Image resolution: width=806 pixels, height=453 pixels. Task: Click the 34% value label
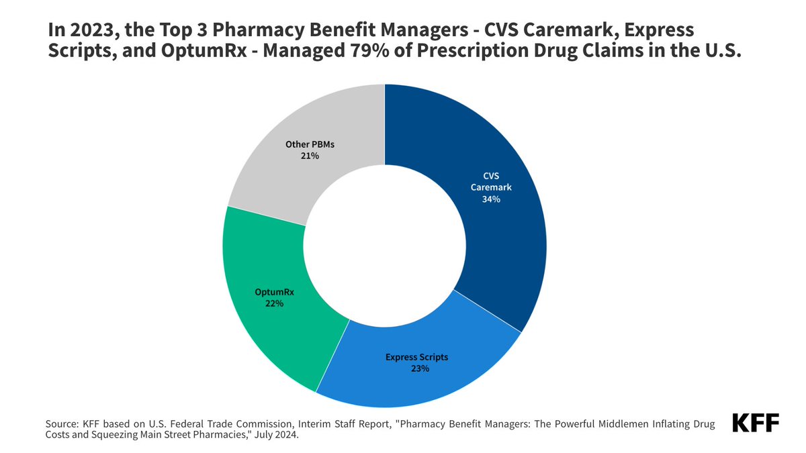coord(491,199)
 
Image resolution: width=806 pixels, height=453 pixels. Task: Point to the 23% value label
coord(416,368)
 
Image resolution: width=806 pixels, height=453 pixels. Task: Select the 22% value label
coord(274,303)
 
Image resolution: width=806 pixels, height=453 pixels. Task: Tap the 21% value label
coord(310,156)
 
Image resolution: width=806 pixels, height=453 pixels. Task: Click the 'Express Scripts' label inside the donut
coord(416,357)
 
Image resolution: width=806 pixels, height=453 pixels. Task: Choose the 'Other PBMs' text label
coord(310,144)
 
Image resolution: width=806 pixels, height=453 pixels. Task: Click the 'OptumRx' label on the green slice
coord(274,292)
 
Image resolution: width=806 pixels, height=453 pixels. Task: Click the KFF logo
coord(756,423)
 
